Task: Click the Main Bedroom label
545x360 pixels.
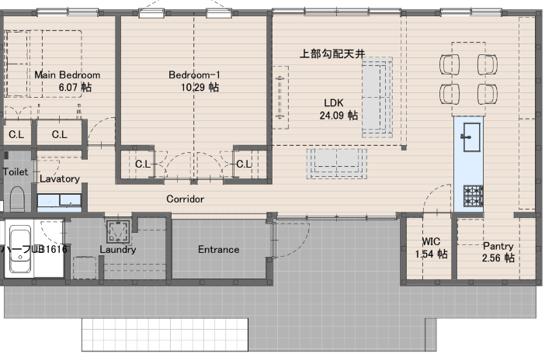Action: (x=67, y=74)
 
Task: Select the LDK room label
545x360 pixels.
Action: (x=334, y=103)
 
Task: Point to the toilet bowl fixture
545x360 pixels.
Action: (x=17, y=199)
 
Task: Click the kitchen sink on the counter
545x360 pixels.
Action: (x=472, y=137)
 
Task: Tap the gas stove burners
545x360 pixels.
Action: (x=473, y=196)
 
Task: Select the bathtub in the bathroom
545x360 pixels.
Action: (x=20, y=249)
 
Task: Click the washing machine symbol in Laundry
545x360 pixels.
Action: (x=119, y=231)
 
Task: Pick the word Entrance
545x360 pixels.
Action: (x=219, y=249)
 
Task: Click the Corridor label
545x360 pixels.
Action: (x=186, y=199)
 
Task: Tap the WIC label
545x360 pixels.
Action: (x=431, y=241)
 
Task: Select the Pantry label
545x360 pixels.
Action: (x=498, y=246)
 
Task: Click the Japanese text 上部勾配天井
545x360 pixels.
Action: (x=332, y=54)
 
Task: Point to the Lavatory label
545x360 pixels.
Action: (x=60, y=178)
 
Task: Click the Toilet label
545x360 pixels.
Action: (x=16, y=171)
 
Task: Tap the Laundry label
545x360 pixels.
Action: (x=118, y=250)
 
